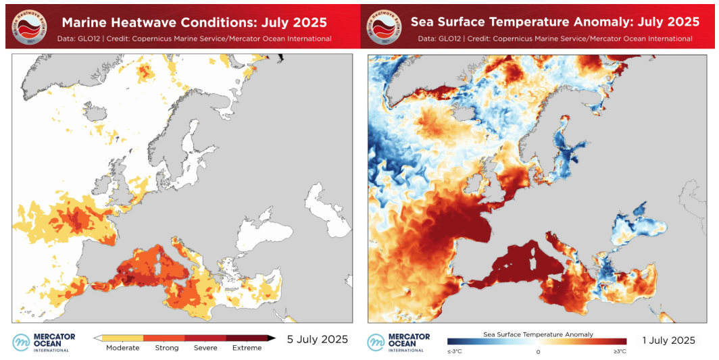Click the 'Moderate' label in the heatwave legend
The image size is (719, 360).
(x=122, y=348)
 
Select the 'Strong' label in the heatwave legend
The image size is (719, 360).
(x=166, y=348)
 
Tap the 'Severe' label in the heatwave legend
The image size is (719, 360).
(x=205, y=348)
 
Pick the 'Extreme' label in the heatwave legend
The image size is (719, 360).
(x=247, y=348)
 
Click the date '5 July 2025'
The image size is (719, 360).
(x=318, y=339)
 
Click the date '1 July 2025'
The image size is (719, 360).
(x=669, y=340)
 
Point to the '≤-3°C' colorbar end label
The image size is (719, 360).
(x=455, y=351)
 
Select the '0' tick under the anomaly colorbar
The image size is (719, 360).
(x=538, y=351)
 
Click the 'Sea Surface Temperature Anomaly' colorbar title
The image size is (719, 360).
(x=538, y=334)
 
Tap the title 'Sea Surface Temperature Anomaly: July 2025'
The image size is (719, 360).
(x=555, y=22)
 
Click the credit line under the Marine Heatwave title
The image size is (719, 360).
(x=195, y=38)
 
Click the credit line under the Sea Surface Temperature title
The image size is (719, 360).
(x=555, y=38)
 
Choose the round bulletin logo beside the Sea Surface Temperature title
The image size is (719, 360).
(x=385, y=27)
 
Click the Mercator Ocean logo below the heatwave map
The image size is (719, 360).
(x=45, y=342)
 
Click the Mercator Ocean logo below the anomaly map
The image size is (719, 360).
(x=399, y=342)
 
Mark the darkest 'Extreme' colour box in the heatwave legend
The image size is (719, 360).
(x=247, y=337)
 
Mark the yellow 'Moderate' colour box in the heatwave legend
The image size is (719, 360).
(x=122, y=337)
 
